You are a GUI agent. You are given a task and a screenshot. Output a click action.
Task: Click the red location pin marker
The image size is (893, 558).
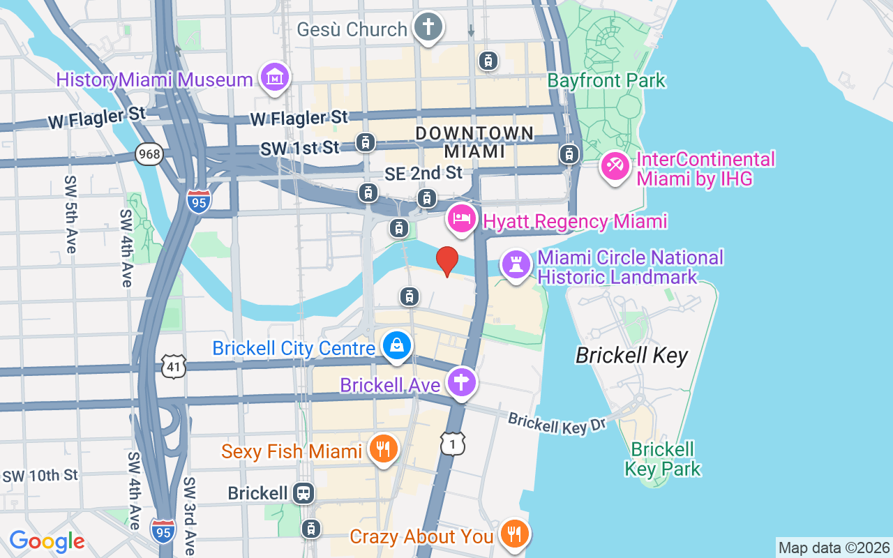click(447, 261)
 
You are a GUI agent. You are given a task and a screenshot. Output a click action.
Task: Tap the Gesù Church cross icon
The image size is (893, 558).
click(428, 28)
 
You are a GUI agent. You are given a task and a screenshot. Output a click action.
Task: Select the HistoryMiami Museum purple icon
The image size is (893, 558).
click(274, 78)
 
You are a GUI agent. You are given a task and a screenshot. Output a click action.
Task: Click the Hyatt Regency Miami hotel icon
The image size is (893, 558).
click(461, 220)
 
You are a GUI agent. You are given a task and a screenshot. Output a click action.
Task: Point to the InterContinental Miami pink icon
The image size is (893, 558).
click(615, 168)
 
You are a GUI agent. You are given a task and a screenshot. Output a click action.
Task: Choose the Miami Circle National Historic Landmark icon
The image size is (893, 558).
click(516, 266)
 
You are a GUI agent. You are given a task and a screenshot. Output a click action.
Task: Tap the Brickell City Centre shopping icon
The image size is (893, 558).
click(397, 346)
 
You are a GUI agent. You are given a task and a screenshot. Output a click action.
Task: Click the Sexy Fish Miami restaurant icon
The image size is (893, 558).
click(382, 450)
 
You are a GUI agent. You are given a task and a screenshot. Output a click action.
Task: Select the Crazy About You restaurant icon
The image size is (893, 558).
click(514, 535)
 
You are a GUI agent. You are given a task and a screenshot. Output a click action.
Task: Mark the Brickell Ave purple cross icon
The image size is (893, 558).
click(461, 383)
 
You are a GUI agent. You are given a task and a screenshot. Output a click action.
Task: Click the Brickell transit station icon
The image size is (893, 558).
click(303, 493)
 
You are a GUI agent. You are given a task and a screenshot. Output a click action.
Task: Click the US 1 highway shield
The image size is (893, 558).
click(452, 443)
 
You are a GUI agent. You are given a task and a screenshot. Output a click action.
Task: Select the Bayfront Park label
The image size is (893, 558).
click(606, 81)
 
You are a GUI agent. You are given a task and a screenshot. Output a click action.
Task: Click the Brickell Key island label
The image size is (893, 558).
click(631, 356)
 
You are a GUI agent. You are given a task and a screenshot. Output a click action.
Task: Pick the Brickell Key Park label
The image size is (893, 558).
click(662, 458)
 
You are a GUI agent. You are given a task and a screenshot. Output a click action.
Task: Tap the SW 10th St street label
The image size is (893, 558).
click(40, 476)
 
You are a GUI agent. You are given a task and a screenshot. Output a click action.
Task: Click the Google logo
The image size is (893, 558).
click(47, 541)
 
